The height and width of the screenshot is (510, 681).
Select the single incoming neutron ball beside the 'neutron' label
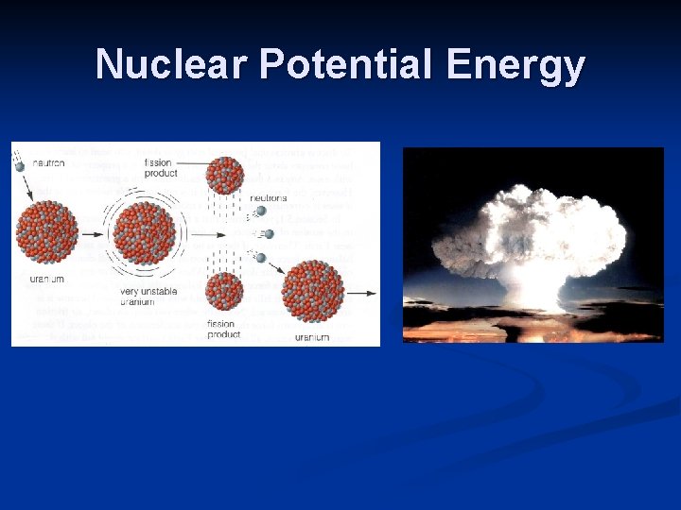coord(19,167)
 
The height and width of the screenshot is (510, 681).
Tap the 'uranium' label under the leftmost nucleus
coord(44,279)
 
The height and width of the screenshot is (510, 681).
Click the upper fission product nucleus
coord(225,176)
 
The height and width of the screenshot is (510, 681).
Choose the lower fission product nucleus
coord(225,291)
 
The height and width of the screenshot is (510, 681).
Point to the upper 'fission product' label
coord(158,169)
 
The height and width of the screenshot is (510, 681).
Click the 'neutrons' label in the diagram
coord(269,198)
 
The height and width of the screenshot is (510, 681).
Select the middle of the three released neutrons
coord(269,233)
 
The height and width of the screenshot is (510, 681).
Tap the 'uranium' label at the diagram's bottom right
coord(311,336)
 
